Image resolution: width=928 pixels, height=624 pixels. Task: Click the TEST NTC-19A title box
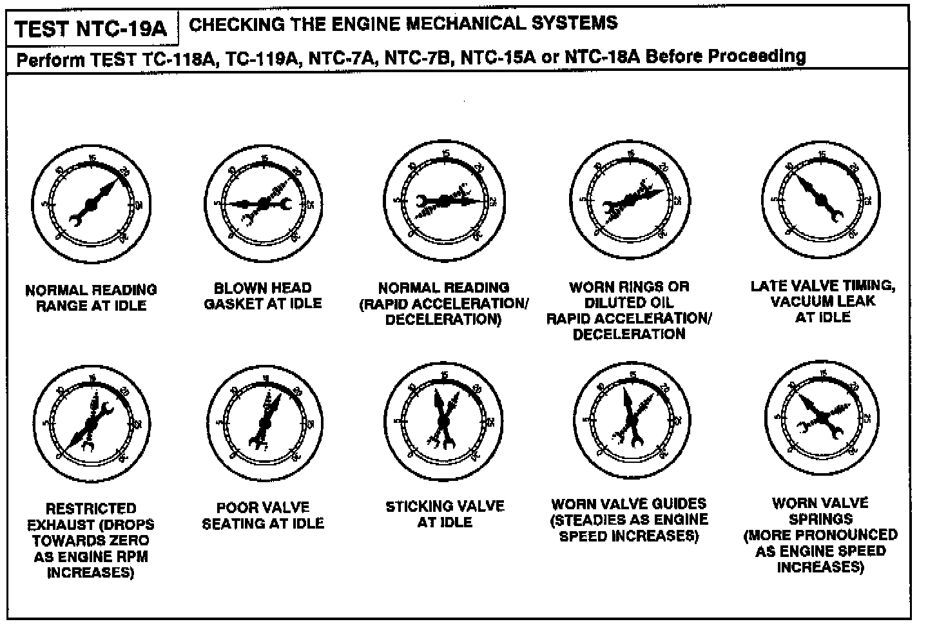(91, 29)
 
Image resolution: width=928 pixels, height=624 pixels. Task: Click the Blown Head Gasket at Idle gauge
(264, 203)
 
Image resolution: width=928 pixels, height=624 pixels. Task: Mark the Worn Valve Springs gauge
(820, 418)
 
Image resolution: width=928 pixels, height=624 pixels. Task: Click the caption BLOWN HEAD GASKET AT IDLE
(263, 296)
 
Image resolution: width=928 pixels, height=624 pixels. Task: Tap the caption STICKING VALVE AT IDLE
(445, 514)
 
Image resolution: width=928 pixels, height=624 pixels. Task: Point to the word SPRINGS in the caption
(820, 519)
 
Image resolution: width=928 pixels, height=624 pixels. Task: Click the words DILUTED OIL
(628, 302)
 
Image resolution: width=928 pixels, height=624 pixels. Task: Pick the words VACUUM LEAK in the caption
(823, 301)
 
